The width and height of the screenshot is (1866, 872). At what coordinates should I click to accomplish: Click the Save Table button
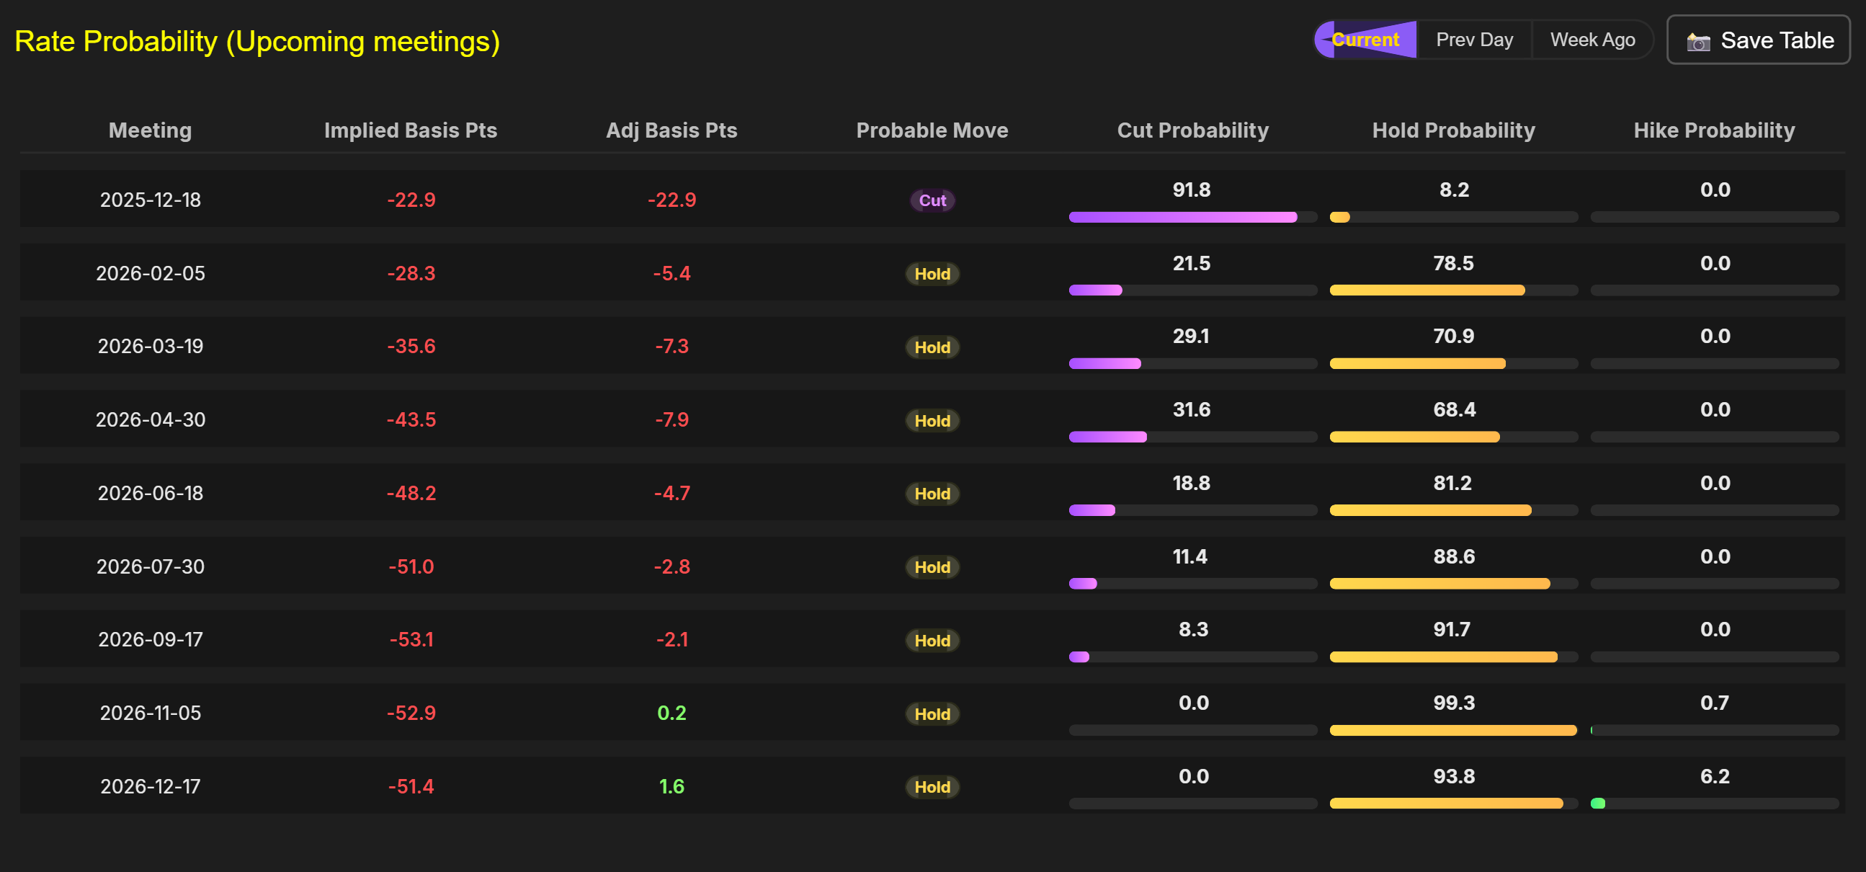point(1758,40)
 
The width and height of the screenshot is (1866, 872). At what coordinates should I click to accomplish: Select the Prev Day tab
point(1474,40)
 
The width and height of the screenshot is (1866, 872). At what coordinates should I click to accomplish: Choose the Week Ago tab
point(1592,40)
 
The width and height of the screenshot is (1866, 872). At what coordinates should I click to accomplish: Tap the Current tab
point(1365,40)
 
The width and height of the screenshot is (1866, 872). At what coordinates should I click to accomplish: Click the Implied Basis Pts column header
point(410,130)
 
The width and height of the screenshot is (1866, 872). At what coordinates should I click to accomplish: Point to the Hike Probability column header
point(1714,130)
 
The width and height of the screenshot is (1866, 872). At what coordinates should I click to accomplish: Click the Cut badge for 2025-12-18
point(932,201)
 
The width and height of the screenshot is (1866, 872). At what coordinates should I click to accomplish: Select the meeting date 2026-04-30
point(151,419)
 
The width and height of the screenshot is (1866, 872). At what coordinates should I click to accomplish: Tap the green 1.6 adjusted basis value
point(671,786)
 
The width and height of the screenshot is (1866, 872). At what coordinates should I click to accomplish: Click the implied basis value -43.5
point(411,419)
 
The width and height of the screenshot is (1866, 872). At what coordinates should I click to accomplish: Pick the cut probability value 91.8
point(1192,190)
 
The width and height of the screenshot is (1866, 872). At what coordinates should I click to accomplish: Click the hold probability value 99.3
point(1454,703)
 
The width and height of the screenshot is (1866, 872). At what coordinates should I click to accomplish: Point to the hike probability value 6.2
point(1715,776)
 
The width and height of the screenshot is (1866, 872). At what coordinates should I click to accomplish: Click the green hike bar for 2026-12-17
point(1598,803)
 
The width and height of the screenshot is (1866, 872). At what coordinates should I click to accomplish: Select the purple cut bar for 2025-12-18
point(1182,217)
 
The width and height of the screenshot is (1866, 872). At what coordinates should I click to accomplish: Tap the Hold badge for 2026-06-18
point(932,494)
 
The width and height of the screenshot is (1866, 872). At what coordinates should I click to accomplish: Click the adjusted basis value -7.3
point(671,347)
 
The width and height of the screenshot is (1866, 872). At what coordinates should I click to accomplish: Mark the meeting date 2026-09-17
point(151,639)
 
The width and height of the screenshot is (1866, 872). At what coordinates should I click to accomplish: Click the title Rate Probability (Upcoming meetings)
point(257,41)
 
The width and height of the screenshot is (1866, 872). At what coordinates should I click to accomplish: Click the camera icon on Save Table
point(1698,42)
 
